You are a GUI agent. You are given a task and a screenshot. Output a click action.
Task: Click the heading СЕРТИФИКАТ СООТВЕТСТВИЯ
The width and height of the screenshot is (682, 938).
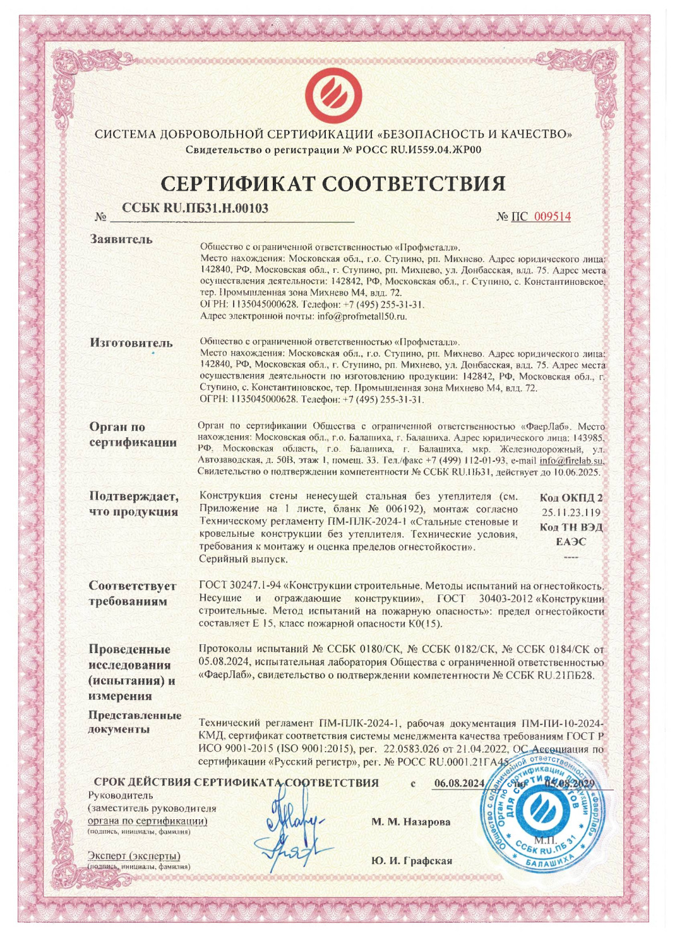[x=333, y=183]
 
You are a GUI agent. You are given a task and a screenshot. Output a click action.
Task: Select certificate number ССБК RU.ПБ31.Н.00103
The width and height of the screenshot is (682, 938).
[x=195, y=208]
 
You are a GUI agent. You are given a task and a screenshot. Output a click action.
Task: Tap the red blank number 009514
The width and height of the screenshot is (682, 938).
[x=553, y=217]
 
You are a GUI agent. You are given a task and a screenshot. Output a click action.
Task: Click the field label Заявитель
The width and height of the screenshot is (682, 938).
[x=121, y=239]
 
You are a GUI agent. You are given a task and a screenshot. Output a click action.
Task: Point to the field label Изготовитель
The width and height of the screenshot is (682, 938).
[x=131, y=343]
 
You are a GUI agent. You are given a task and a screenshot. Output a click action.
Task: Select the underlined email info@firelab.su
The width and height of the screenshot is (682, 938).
[x=571, y=460]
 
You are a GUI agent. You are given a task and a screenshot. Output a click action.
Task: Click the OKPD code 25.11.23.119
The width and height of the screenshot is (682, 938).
[x=571, y=512]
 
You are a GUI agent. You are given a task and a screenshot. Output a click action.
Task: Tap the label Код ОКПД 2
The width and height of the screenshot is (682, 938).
[x=571, y=498]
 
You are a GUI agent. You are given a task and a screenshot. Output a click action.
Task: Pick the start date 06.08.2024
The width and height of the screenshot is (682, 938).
[x=460, y=783]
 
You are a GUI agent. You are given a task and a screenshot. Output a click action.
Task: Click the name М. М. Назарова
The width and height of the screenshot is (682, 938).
[x=411, y=822]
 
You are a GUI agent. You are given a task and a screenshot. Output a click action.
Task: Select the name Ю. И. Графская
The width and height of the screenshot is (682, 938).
[x=411, y=861]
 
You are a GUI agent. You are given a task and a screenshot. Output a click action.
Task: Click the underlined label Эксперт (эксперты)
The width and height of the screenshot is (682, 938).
[x=134, y=856]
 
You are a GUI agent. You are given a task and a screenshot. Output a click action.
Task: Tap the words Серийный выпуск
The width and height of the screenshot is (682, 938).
[x=243, y=559]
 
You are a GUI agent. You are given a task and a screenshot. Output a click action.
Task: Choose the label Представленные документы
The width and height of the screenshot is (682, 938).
[x=135, y=722]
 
